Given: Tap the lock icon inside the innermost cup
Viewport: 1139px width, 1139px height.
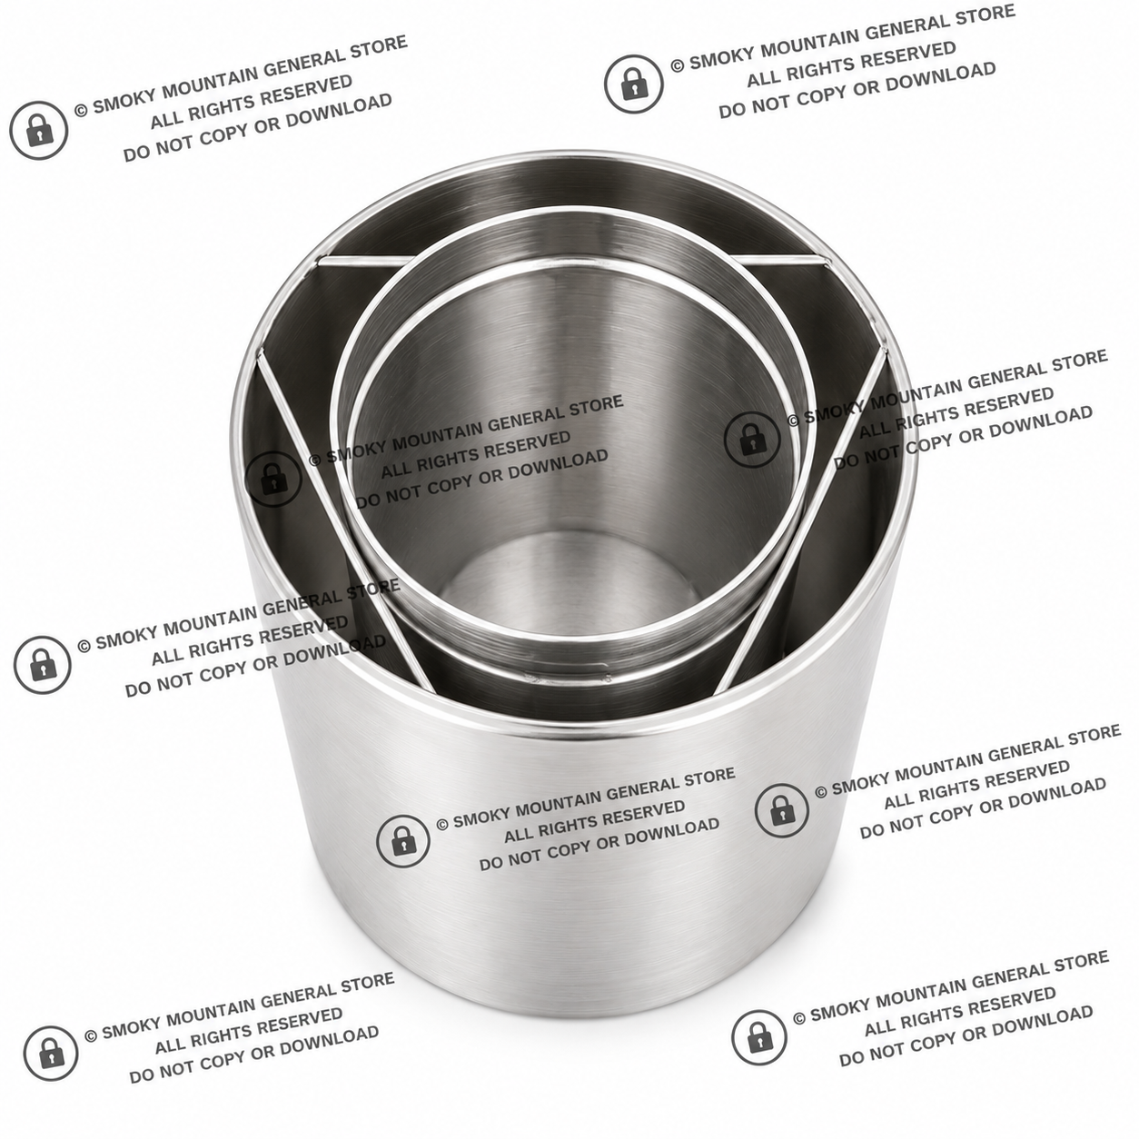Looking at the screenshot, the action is click(273, 479).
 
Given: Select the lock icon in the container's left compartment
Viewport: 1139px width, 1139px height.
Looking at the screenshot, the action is click(43, 664).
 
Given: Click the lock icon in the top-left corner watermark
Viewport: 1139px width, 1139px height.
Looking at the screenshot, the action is click(39, 130).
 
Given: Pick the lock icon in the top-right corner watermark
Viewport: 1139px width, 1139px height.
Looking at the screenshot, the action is click(634, 84).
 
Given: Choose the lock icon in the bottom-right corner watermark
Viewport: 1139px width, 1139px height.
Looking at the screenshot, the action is click(759, 1036).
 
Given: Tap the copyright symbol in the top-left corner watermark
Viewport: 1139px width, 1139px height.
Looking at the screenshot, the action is click(81, 110).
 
